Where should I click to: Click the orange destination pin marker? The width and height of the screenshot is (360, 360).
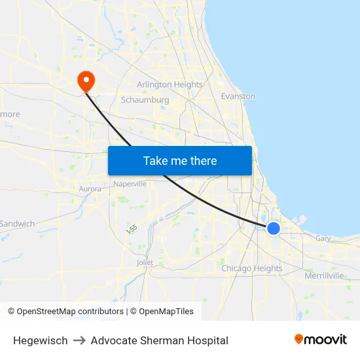tap(86, 81)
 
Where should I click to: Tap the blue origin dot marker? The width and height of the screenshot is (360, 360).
tap(274, 228)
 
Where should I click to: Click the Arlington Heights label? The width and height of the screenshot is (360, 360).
tap(170, 84)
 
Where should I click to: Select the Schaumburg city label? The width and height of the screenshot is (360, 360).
tap(145, 100)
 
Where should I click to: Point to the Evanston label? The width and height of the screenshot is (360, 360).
tap(238, 96)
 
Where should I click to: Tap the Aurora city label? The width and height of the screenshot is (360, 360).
tap(90, 189)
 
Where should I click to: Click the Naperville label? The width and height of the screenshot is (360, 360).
tap(130, 184)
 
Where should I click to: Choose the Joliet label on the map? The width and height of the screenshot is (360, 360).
tap(145, 262)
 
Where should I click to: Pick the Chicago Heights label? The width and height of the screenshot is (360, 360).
tap(251, 268)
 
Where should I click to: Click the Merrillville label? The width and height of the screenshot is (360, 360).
tap(324, 276)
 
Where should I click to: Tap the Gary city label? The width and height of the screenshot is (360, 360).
tap(323, 239)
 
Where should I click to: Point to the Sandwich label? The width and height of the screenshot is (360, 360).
tap(18, 224)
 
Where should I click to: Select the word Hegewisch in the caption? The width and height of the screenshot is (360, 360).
tap(40, 340)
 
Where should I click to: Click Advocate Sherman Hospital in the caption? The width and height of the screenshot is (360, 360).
tap(159, 340)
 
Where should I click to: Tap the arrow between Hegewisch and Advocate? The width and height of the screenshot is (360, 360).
tap(79, 340)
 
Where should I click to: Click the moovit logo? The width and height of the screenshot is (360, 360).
tap(321, 340)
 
